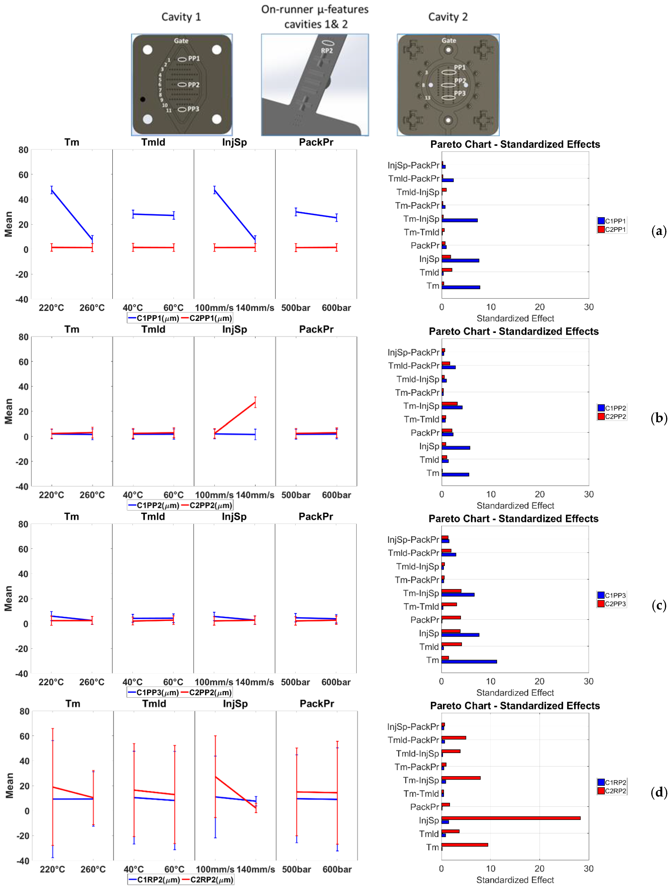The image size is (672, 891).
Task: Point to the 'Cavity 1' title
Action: point(181,17)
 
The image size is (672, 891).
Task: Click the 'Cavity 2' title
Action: point(448,17)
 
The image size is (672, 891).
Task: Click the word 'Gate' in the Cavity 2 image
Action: point(448,41)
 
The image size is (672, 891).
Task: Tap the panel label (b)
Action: point(659,418)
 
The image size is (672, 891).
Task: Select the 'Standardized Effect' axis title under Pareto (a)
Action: point(515,318)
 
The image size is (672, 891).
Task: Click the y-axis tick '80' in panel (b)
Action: point(23,337)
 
